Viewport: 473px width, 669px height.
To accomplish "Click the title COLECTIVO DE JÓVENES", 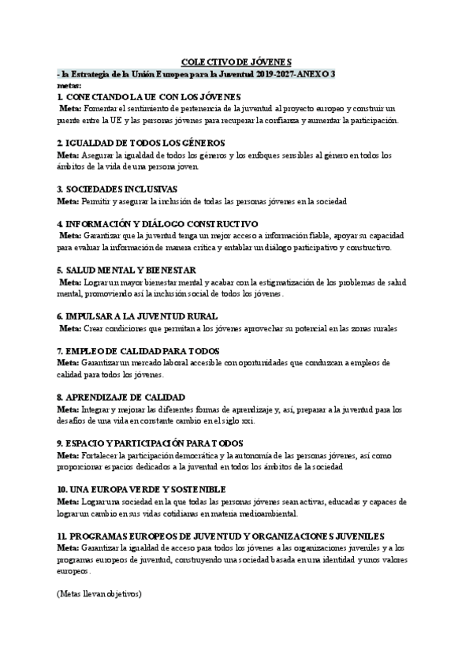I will coord(236,61).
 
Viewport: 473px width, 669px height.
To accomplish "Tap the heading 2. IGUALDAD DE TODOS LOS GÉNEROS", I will coord(141,143).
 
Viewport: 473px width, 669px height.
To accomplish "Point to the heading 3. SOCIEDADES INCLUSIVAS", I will coord(117,189).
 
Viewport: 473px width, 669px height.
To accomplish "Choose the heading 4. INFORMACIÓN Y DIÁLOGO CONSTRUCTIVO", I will coord(158,224).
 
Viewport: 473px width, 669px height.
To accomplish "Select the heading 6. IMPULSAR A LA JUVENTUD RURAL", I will coord(136,316).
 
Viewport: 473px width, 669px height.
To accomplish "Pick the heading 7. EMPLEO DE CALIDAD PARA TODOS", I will coord(138,350).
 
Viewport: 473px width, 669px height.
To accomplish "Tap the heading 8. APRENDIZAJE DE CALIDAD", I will coord(121,397).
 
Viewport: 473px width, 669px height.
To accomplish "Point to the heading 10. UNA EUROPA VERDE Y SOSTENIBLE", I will coord(141,489).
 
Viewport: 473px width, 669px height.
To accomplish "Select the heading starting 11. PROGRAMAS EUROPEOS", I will coord(221,535).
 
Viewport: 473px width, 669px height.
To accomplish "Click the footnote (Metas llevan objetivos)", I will coord(99,592).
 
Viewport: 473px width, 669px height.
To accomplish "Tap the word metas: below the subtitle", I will coord(69,83).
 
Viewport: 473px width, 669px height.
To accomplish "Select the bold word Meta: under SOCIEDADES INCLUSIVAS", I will coord(68,201).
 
